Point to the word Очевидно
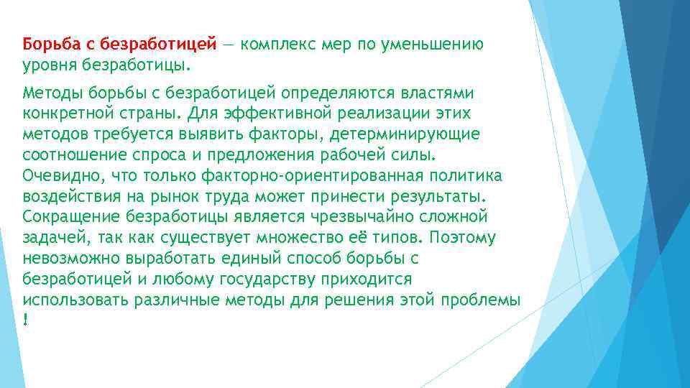click(x=58, y=176)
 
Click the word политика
click(x=471, y=176)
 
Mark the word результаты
click(x=439, y=197)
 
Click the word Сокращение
click(x=64, y=217)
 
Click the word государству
click(x=236, y=278)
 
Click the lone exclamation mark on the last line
click(x=26, y=318)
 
